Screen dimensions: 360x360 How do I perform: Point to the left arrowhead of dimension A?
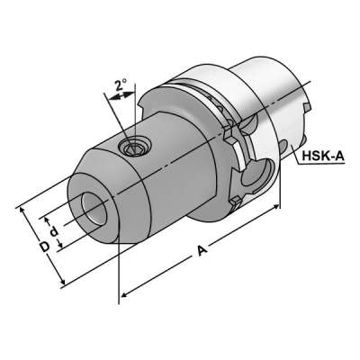tap(124, 293)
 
